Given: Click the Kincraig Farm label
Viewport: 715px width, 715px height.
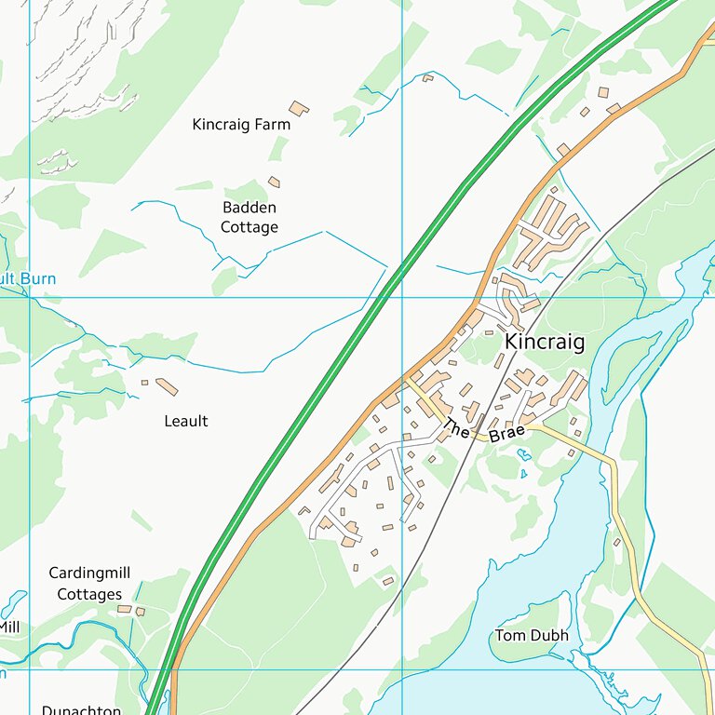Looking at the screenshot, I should coord(241,124).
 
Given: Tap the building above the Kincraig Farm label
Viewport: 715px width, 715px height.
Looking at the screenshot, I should coord(299,108).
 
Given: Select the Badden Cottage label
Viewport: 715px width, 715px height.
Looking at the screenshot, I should coord(250,217).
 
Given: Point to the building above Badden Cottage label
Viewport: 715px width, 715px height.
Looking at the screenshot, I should coord(274,182).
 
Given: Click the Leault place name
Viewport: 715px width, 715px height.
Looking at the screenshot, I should coord(186,421).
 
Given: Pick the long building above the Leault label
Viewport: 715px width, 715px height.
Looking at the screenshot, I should coord(167,385).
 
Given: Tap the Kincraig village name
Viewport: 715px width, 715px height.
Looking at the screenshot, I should coord(545,342).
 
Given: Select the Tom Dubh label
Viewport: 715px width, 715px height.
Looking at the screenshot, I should coord(530,636).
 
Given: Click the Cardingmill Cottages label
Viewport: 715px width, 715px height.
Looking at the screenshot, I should coord(89,584).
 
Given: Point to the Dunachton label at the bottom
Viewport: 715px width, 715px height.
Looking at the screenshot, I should coord(81,710).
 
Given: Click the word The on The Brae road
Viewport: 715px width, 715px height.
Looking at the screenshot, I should coord(456,428).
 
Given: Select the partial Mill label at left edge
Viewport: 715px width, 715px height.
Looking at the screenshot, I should coord(9,627).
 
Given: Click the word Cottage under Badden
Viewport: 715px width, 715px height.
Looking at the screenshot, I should coord(250,227).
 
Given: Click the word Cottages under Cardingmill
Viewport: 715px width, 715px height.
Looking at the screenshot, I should coord(89,594).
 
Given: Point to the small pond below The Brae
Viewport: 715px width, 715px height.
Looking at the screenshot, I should coord(523,455).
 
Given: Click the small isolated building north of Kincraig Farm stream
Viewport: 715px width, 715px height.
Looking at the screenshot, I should coord(427,78).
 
